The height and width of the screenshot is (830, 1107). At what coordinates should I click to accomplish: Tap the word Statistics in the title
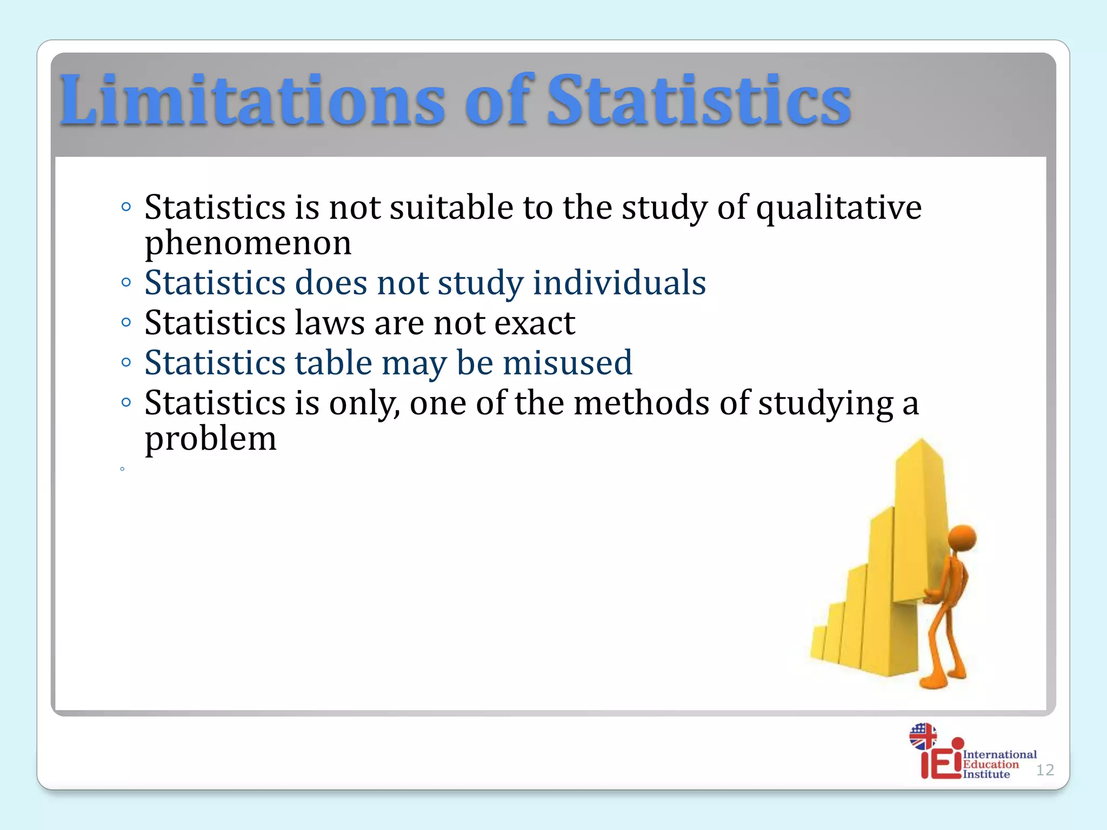pyautogui.click(x=699, y=102)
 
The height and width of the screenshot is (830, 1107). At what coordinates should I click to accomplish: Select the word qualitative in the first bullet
pyautogui.click(x=838, y=208)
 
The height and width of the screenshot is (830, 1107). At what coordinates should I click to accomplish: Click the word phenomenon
pyautogui.click(x=248, y=244)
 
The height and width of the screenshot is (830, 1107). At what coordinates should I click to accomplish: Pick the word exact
pyautogui.click(x=535, y=323)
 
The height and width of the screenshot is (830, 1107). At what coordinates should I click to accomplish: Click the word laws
pyautogui.click(x=330, y=323)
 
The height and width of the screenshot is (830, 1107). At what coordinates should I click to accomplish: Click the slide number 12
pyautogui.click(x=1045, y=770)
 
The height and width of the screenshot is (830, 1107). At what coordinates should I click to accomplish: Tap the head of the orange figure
pyautogui.click(x=962, y=538)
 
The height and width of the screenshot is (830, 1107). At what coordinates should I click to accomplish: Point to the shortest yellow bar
pyautogui.click(x=818, y=643)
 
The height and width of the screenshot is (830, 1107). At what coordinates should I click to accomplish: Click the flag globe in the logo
pyautogui.click(x=923, y=736)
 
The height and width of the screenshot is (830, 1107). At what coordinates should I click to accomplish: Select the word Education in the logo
pyautogui.click(x=990, y=765)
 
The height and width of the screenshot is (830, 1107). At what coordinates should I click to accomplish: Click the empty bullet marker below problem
pyautogui.click(x=123, y=469)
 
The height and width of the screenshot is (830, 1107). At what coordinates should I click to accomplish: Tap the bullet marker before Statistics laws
pyautogui.click(x=126, y=323)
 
